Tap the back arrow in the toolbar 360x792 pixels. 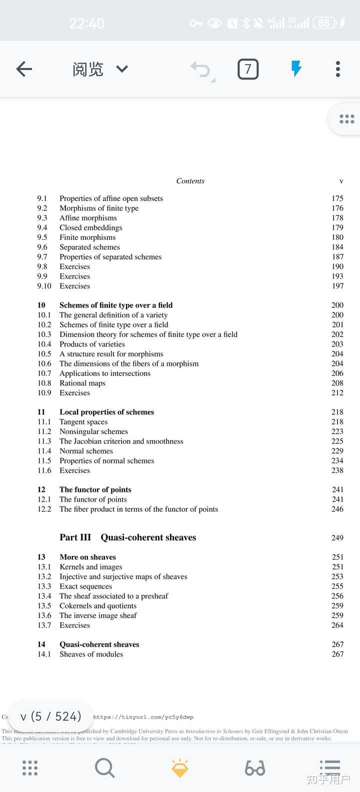point(24,69)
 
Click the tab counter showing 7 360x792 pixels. point(248,69)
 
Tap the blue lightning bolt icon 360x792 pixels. point(296,68)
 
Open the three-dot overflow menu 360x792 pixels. point(338,69)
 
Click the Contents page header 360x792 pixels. point(190,181)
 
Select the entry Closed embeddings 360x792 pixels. point(90,227)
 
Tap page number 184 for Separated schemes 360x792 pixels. point(337,247)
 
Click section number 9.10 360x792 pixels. point(44,286)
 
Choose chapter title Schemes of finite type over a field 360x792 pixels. point(116,305)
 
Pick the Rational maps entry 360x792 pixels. point(82,383)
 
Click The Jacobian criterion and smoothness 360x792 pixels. point(121,441)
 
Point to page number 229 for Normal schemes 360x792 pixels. point(337,451)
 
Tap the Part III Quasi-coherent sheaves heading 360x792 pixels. point(127,537)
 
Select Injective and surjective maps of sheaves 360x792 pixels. point(123,576)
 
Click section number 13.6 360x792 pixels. point(44,615)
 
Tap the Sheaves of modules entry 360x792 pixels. point(91,654)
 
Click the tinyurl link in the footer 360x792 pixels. point(143,717)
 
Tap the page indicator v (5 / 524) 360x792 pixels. point(50,716)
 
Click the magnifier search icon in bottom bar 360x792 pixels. point(104,768)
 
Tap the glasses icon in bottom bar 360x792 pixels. point(255,768)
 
